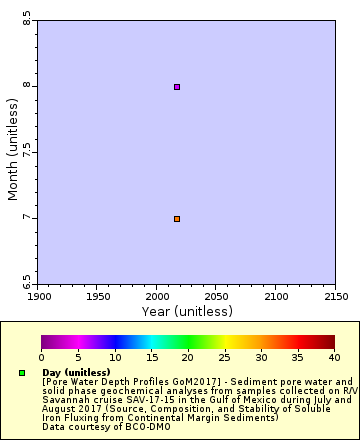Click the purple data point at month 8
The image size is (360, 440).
click(x=177, y=87)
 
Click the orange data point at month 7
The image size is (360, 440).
click(x=177, y=219)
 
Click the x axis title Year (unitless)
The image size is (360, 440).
click(x=187, y=311)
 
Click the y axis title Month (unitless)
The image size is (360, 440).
click(x=13, y=152)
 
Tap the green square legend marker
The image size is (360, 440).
click(x=22, y=373)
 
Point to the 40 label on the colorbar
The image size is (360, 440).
click(x=333, y=357)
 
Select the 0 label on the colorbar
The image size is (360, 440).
click(x=41, y=357)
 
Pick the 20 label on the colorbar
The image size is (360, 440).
click(x=187, y=357)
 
